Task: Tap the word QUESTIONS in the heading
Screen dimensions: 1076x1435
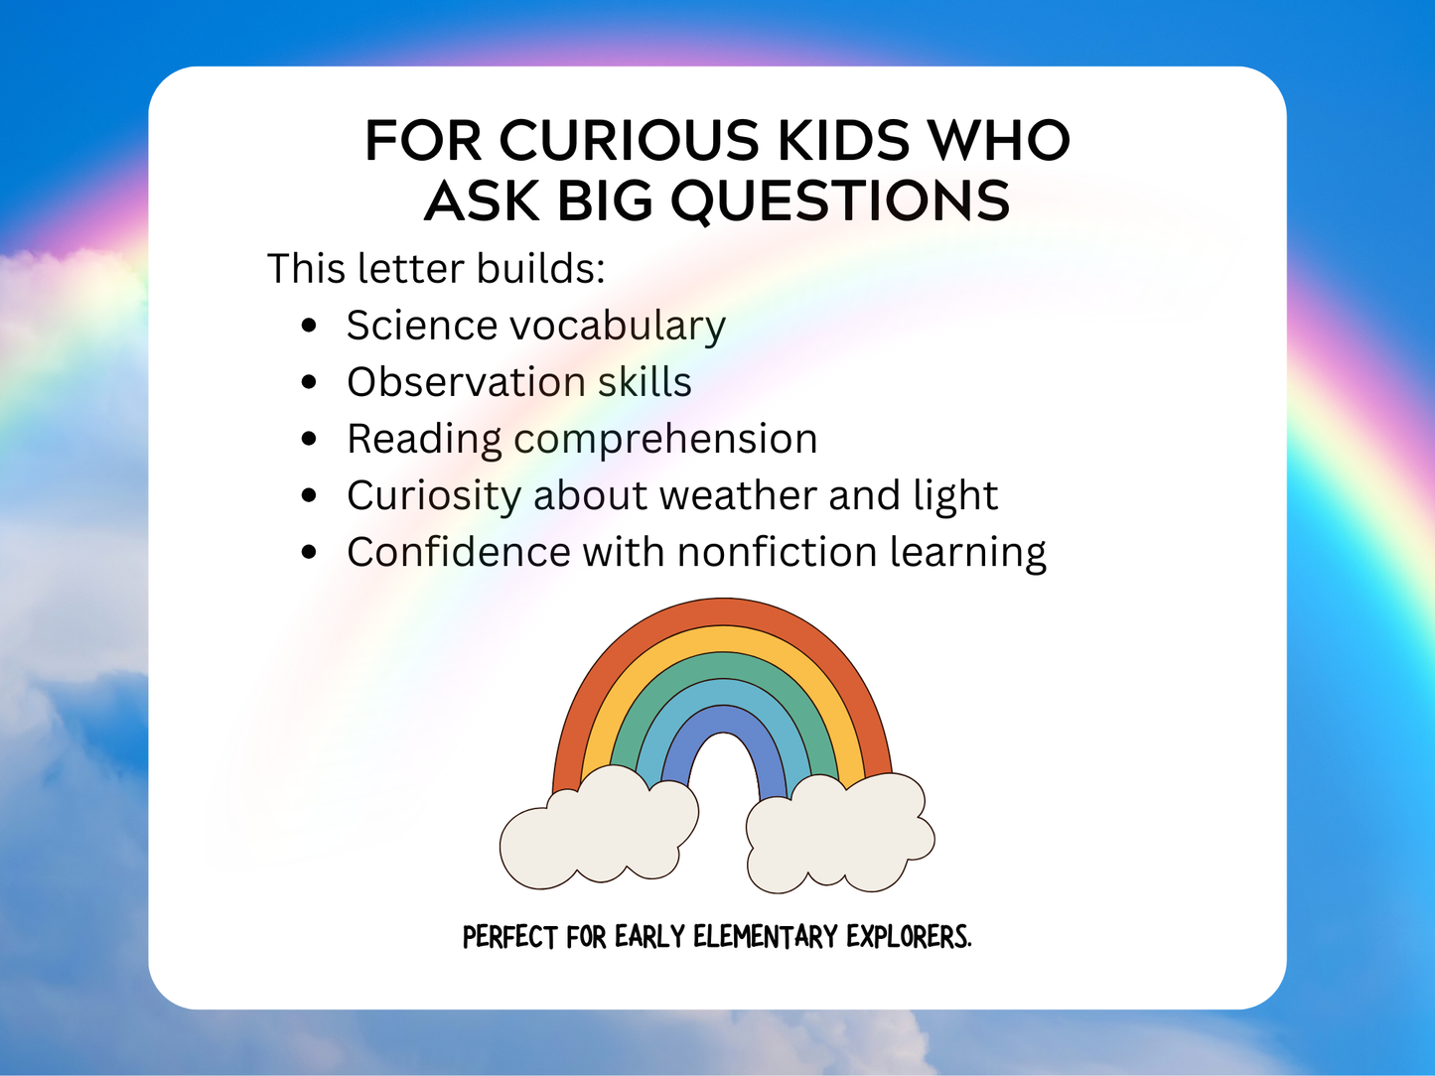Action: pyautogui.click(x=840, y=201)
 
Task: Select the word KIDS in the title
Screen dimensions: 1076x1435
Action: pyautogui.click(x=843, y=141)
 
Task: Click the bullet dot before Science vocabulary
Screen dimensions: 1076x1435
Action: pyautogui.click(x=310, y=326)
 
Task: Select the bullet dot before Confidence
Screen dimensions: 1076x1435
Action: pyautogui.click(x=310, y=552)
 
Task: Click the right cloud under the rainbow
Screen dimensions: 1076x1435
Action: pyautogui.click(x=839, y=834)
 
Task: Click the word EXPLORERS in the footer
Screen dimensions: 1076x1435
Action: pyautogui.click(x=908, y=937)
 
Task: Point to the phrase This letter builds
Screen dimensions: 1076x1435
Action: pyautogui.click(x=436, y=269)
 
